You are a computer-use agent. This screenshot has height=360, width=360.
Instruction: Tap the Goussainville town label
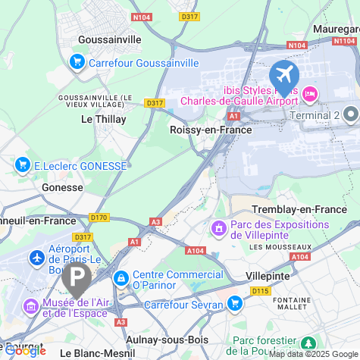pos(111,39)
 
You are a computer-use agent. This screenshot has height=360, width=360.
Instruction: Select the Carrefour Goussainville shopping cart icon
pos(77,63)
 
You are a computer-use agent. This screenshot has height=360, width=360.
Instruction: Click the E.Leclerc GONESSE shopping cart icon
pos(23,164)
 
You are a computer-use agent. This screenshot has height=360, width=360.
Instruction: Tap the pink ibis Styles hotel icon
pos(309,94)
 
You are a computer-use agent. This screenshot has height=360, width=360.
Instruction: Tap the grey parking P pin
pos(77,278)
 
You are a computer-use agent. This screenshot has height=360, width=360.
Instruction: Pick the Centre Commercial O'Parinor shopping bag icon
pos(121,279)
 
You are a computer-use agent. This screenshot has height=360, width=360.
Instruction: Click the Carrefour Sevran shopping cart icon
pos(235,304)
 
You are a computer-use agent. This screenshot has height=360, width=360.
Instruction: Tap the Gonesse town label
pos(62,187)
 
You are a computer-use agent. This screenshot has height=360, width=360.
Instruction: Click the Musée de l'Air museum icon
pos(30,307)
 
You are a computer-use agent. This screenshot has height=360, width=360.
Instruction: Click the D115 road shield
pos(261,291)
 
